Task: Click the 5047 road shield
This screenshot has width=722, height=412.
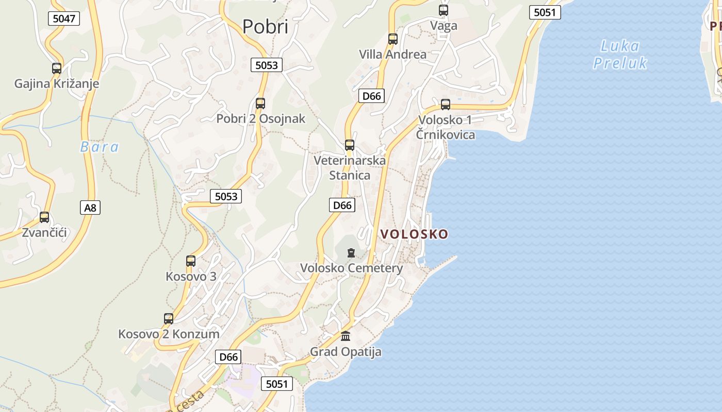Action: point(64,19)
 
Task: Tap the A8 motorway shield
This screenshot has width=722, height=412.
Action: point(90,208)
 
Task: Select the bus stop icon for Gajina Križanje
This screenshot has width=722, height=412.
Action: point(57,68)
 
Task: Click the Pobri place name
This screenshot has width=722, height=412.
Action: point(265,27)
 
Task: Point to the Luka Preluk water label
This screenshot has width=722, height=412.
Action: point(619,55)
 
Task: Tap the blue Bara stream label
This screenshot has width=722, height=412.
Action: point(100,147)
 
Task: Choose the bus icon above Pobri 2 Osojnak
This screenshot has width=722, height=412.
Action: point(260,104)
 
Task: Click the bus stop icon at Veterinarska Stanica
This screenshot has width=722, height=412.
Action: point(350,145)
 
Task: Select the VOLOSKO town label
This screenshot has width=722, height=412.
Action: point(414,234)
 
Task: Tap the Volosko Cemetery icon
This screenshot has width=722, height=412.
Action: point(351,253)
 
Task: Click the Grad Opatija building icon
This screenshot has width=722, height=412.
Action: point(346,336)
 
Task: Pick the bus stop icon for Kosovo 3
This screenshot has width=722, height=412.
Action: point(191,261)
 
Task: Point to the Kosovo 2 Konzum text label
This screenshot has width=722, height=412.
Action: point(169,334)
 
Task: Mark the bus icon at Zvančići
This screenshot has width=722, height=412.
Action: point(44,217)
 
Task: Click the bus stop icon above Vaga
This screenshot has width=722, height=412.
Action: point(444,10)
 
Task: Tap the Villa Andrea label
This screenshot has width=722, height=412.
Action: point(392,54)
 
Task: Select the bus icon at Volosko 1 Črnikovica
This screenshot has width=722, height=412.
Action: point(446,105)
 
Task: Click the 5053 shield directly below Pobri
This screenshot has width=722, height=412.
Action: point(267,65)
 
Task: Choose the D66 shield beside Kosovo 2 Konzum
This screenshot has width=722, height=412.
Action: point(228,357)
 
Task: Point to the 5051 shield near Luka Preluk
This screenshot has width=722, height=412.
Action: point(545,12)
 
